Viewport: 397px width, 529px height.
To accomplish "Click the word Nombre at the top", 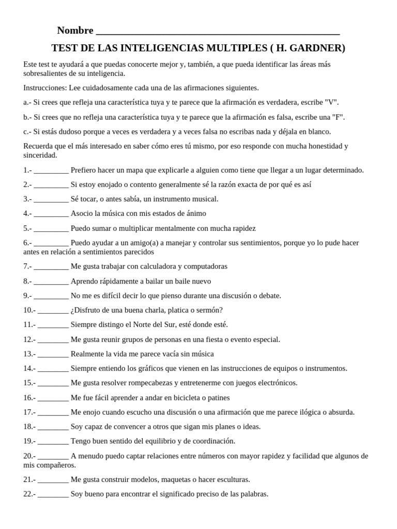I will [x=75, y=30].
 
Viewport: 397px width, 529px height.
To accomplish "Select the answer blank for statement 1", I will [x=51, y=170].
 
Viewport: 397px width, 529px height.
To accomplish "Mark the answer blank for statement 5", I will [x=51, y=229].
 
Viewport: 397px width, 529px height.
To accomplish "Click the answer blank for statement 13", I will [x=53, y=355].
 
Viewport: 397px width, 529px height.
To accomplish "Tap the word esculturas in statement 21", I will [x=231, y=479].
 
